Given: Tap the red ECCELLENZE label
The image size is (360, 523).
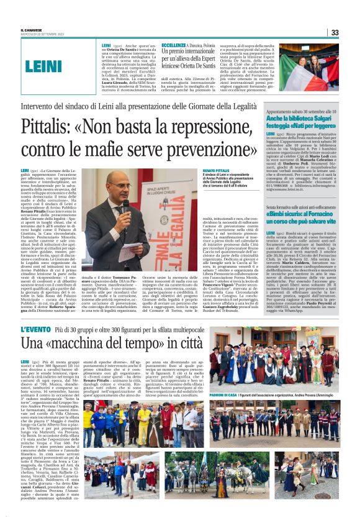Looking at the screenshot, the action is pos(174,45).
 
